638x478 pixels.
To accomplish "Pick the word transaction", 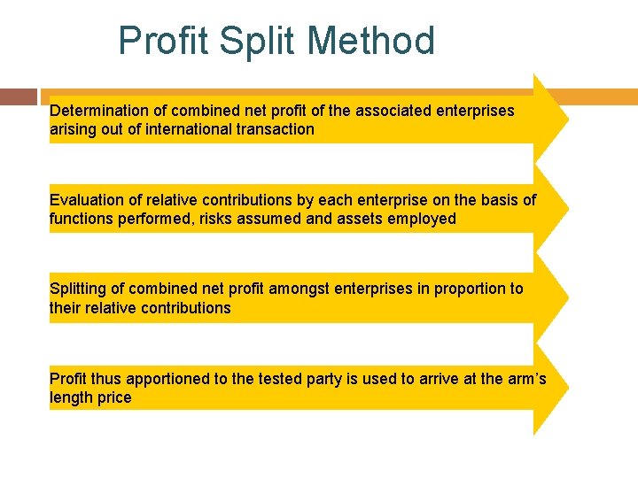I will click(x=276, y=129).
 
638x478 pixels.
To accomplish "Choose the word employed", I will click(x=422, y=219).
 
